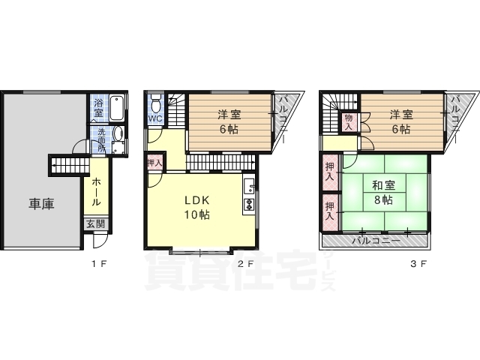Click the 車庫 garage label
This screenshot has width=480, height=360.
pyautogui.click(x=41, y=203)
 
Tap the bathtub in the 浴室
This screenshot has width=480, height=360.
pyautogui.click(x=116, y=108)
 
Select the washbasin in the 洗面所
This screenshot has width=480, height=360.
pyautogui.click(x=118, y=133)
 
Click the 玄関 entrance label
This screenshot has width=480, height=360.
pyautogui.click(x=95, y=224)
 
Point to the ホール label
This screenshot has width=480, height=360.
pyautogui.click(x=96, y=191)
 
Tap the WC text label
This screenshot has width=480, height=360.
pyautogui.click(x=155, y=118)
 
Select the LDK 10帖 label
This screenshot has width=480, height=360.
pyautogui.click(x=196, y=208)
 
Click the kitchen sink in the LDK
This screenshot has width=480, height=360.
pyautogui.click(x=250, y=185)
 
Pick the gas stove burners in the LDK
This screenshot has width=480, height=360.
pyautogui.click(x=249, y=205)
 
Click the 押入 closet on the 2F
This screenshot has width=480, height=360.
pyautogui.click(x=155, y=163)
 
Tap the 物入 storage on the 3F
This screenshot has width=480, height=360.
pyautogui.click(x=349, y=122)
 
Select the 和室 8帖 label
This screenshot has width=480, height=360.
pyautogui.click(x=383, y=193)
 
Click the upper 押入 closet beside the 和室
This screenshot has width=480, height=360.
pyautogui.click(x=330, y=172)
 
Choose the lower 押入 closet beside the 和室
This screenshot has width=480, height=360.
pyautogui.click(x=330, y=211)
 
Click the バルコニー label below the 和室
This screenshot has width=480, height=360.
pyautogui.click(x=376, y=241)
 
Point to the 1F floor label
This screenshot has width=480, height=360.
pyautogui.click(x=99, y=263)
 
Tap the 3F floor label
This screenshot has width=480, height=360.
pyautogui.click(x=418, y=263)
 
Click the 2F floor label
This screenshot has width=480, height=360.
pyautogui.click(x=246, y=263)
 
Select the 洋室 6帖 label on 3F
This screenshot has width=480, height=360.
pyautogui.click(x=401, y=122)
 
